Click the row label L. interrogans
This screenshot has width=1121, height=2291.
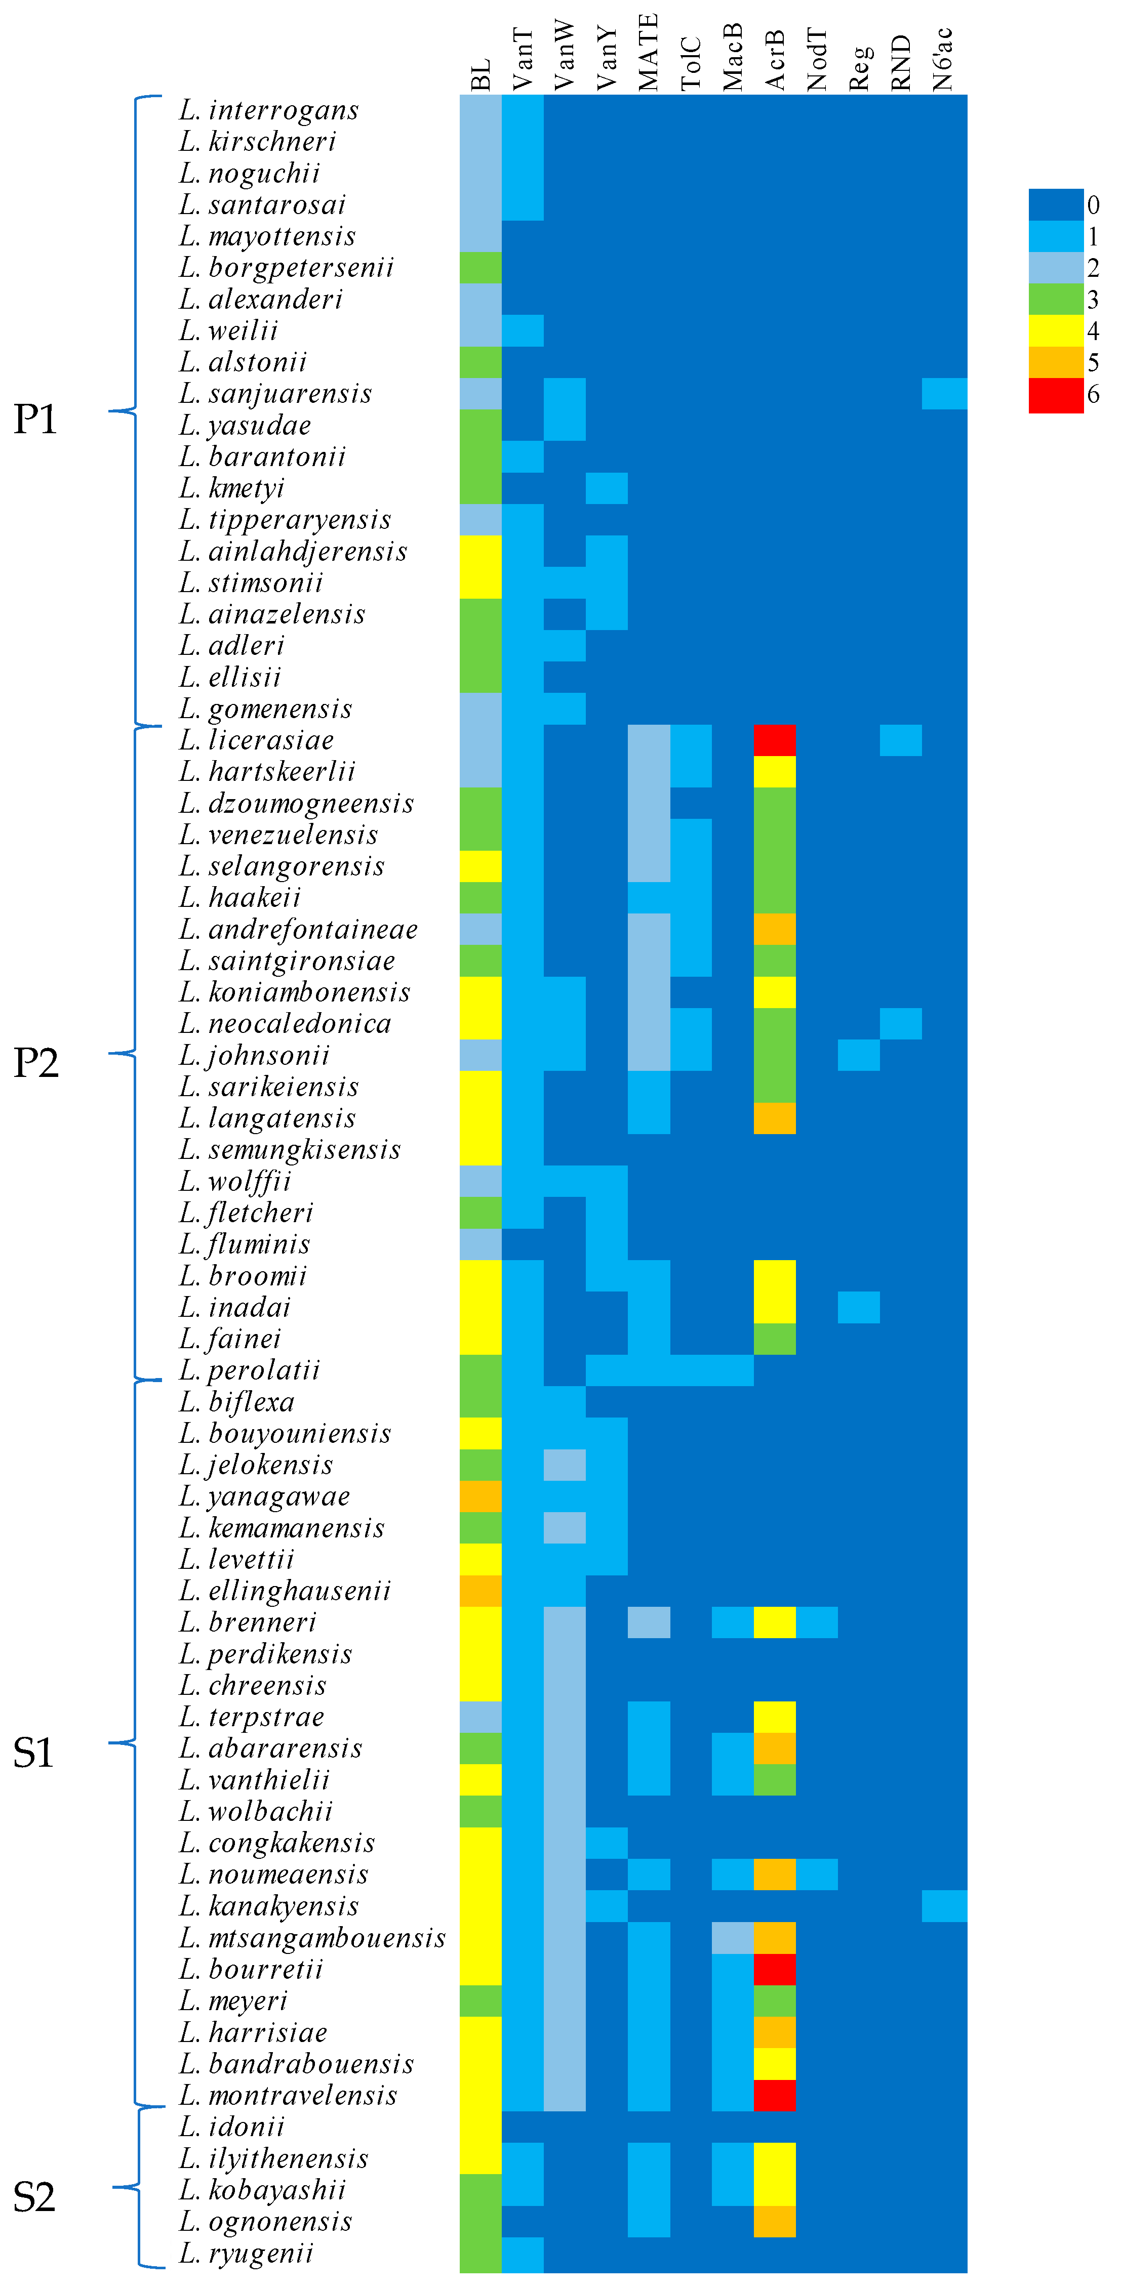point(269,110)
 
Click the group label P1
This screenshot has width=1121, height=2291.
point(35,419)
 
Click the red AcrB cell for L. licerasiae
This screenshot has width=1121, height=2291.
point(774,740)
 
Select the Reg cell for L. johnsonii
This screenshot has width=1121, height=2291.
point(859,1055)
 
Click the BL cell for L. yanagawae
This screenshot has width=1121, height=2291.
point(481,1496)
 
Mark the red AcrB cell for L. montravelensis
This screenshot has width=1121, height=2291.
point(774,2095)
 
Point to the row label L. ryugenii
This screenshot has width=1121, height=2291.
point(247,2253)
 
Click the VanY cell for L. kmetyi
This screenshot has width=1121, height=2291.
point(606,488)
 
